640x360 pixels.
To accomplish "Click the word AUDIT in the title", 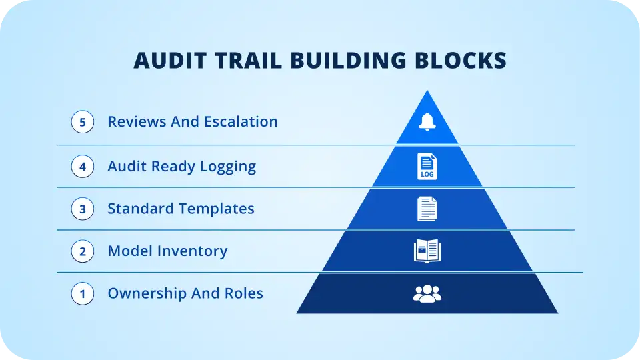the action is coord(170,61).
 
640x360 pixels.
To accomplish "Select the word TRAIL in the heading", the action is coord(249,61).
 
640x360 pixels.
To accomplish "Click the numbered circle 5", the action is coord(83,122).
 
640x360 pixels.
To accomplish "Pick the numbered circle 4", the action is coord(83,167).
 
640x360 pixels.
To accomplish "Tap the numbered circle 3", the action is coord(83,209).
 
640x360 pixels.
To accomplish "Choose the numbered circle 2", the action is coord(83,251).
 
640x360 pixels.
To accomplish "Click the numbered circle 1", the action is coord(83,294).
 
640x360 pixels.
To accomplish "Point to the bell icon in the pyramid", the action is coord(427,121).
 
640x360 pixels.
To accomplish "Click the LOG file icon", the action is coord(427,167).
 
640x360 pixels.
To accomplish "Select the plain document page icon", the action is coord(427,209).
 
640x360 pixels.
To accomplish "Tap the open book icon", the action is coord(427,251).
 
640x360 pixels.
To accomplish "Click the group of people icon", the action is coord(427,293).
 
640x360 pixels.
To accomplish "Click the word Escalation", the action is coord(241,121).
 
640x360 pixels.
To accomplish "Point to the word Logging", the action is coord(228,167).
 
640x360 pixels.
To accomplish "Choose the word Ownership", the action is coord(147,294).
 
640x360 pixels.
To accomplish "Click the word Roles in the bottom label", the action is coord(244,293).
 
